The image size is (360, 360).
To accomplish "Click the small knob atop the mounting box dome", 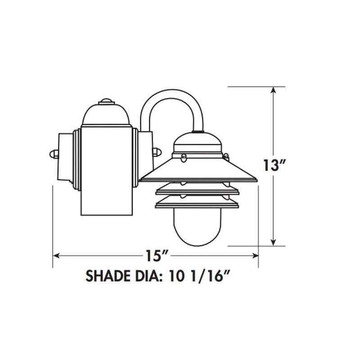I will pos(107,101).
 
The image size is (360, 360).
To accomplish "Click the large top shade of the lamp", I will pos(198,171).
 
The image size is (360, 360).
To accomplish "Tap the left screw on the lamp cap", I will pos(183,157).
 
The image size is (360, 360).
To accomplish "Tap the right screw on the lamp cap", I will pos(227,157).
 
